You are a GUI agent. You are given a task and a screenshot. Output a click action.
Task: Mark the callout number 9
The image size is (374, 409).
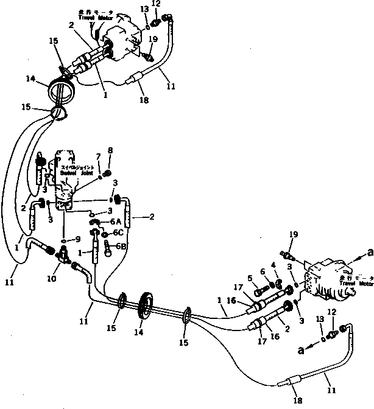pos(78,239)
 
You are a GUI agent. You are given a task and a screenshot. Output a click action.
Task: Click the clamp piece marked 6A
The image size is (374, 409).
pos(96,223)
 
